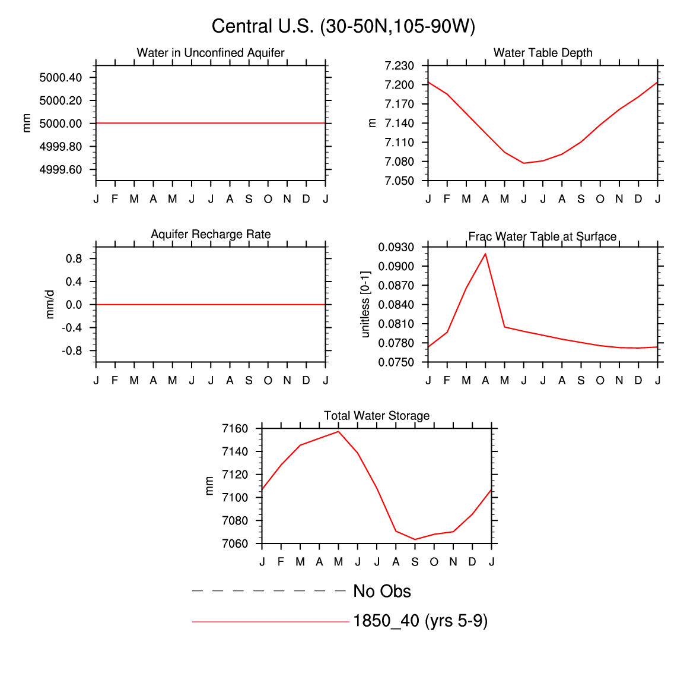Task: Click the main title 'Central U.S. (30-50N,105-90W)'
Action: pos(343,27)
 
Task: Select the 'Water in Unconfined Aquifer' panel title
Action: pos(211,53)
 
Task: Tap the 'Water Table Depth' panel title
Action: pos(543,53)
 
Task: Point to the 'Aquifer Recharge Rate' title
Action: pos(211,235)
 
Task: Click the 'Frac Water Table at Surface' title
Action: pos(542,236)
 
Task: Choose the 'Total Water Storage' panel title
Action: pos(377,416)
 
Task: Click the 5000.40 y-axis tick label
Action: pos(61,78)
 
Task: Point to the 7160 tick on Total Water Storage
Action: pos(235,429)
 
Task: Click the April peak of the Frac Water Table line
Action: pos(485,254)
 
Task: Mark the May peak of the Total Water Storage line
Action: pos(339,432)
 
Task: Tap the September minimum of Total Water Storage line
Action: pos(415,539)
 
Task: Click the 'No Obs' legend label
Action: pos(381,592)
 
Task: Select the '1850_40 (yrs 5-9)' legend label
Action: pos(420,621)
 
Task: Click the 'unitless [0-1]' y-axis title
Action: pos(365,304)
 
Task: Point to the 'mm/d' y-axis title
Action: pos(50,304)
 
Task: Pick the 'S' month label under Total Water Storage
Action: pos(415,562)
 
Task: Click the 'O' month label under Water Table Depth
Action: pos(600,199)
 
